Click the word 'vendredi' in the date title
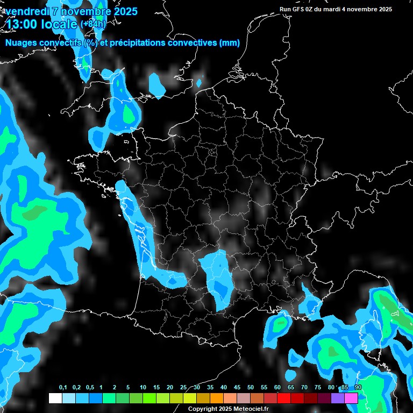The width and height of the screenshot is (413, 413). [26, 11]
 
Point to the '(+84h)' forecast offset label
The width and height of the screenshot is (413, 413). [93, 24]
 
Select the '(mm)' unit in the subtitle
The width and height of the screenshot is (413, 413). [229, 43]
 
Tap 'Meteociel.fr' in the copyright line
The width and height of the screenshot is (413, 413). [249, 409]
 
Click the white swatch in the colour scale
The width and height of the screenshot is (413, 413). [55, 398]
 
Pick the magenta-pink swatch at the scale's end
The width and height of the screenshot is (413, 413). [351, 398]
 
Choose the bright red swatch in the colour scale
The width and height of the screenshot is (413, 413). [284, 398]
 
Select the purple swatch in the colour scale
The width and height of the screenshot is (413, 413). [338, 398]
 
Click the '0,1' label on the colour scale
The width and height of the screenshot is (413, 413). [63, 388]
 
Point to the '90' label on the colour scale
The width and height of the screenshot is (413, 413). [358, 388]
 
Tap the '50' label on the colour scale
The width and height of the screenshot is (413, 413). [251, 388]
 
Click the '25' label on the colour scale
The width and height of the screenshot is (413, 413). [183, 388]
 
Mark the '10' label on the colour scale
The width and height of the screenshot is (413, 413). [143, 388]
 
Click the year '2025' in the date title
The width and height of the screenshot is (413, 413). [124, 11]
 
